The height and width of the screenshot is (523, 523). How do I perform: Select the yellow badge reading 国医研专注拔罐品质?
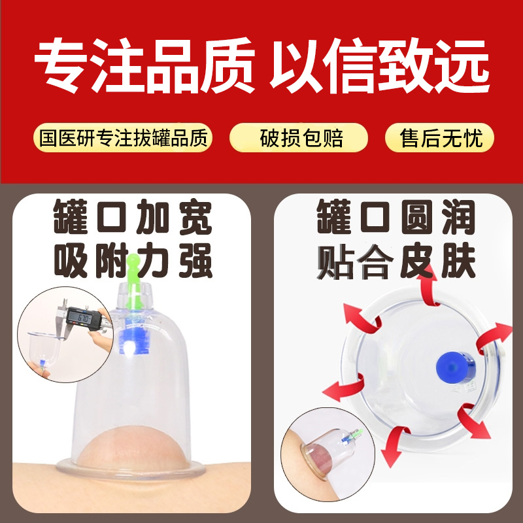coord(123,139)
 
